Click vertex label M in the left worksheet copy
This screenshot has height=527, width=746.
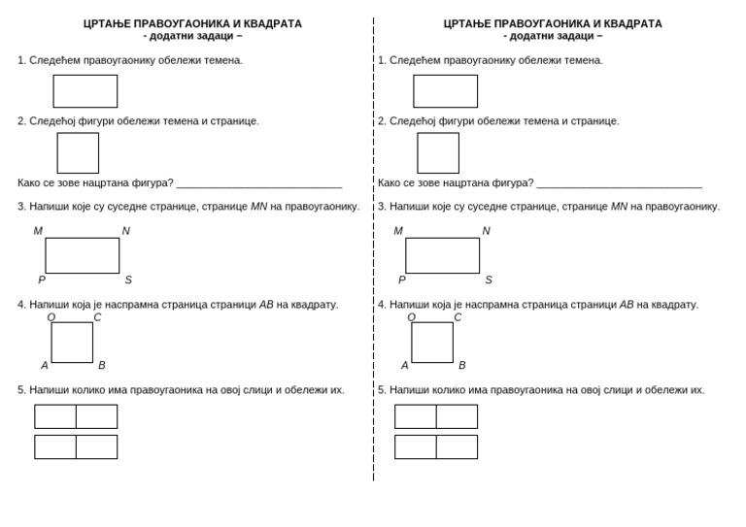point(38,231)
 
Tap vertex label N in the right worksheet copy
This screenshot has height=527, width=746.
point(486,231)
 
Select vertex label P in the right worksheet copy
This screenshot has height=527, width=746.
point(402,280)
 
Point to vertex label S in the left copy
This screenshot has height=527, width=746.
point(128,280)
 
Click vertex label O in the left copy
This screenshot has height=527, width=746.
point(51,317)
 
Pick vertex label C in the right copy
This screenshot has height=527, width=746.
point(458,317)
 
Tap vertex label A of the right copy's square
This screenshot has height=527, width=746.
point(405,366)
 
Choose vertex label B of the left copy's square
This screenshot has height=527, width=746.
point(102,366)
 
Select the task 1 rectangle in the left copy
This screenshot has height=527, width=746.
point(85,91)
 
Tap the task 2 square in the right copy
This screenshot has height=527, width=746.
point(438,153)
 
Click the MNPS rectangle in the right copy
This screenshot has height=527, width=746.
point(442,255)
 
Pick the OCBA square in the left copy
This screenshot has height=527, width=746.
point(72,343)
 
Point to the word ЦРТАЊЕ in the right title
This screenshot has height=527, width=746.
point(466,23)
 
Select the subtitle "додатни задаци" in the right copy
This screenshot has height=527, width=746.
point(553,36)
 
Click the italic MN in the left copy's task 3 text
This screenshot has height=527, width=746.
point(258,207)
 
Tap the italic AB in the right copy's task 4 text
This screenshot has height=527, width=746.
point(626,305)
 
